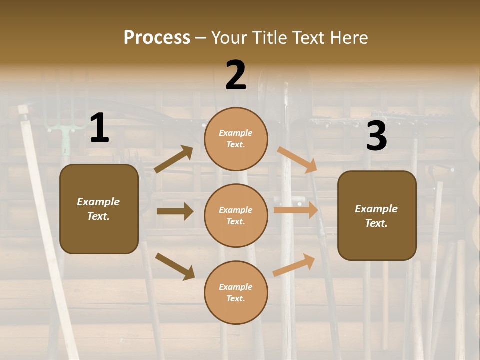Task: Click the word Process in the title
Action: [157, 37]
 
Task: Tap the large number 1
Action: [99, 129]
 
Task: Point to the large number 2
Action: [236, 75]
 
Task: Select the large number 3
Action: [376, 137]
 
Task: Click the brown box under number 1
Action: [99, 209]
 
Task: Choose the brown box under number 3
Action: [377, 216]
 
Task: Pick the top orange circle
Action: [236, 139]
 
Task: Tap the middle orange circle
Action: [236, 215]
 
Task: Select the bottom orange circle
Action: [236, 292]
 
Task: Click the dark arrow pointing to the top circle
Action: [174, 159]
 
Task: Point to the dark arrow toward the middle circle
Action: [175, 211]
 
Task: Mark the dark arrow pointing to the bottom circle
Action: [175, 266]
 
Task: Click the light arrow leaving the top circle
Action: [297, 160]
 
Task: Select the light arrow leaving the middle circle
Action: [295, 210]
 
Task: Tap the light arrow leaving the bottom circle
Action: [294, 265]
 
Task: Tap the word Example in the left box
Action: [98, 202]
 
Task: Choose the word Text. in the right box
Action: [376, 223]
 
